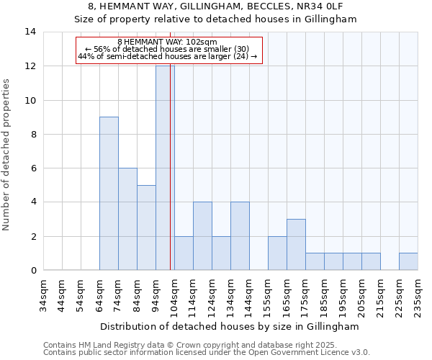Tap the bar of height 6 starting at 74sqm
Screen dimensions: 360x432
click(x=127, y=219)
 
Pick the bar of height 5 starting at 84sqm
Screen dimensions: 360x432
click(x=146, y=228)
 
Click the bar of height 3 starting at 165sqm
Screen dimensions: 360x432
click(x=296, y=244)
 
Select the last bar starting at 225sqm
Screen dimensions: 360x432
click(x=408, y=261)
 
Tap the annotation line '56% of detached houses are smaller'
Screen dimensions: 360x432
click(x=167, y=49)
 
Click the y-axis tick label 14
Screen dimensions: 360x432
click(x=30, y=32)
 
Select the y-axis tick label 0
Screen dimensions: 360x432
click(x=33, y=270)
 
